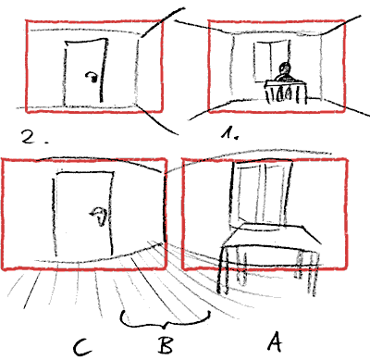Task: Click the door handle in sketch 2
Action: [92, 77]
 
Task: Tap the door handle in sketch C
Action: [99, 216]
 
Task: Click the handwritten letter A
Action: [275, 341]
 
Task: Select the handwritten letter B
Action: [166, 345]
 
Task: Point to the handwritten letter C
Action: [81, 347]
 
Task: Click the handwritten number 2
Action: [30, 136]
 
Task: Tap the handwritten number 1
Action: [228, 133]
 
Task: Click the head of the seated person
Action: [285, 68]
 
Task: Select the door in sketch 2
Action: [85, 71]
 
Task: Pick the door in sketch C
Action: [83, 214]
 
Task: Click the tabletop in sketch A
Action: [271, 236]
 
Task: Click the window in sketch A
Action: [260, 194]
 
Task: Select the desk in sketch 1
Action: [286, 92]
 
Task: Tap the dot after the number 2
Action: [46, 143]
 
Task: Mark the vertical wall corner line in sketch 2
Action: [137, 70]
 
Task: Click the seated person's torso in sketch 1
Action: [284, 77]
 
